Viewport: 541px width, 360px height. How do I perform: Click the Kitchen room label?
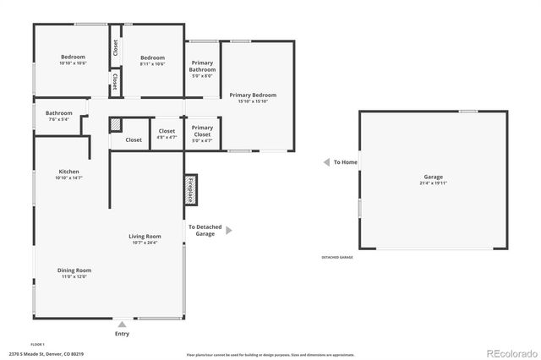click(x=68, y=172)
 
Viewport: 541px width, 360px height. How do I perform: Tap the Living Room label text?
click(x=145, y=237)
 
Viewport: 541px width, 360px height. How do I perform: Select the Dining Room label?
click(x=74, y=270)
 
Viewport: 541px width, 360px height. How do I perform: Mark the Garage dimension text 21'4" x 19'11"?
click(x=433, y=183)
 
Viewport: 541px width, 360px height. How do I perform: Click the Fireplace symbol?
click(x=191, y=190)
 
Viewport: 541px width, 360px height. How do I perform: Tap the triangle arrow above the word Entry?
click(x=122, y=324)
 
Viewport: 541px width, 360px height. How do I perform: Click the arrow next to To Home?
click(x=325, y=162)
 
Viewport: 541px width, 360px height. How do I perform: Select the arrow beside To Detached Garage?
click(x=227, y=230)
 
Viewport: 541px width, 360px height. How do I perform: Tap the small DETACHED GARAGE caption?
click(x=336, y=257)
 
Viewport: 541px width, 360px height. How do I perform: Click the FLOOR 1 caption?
click(x=37, y=344)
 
